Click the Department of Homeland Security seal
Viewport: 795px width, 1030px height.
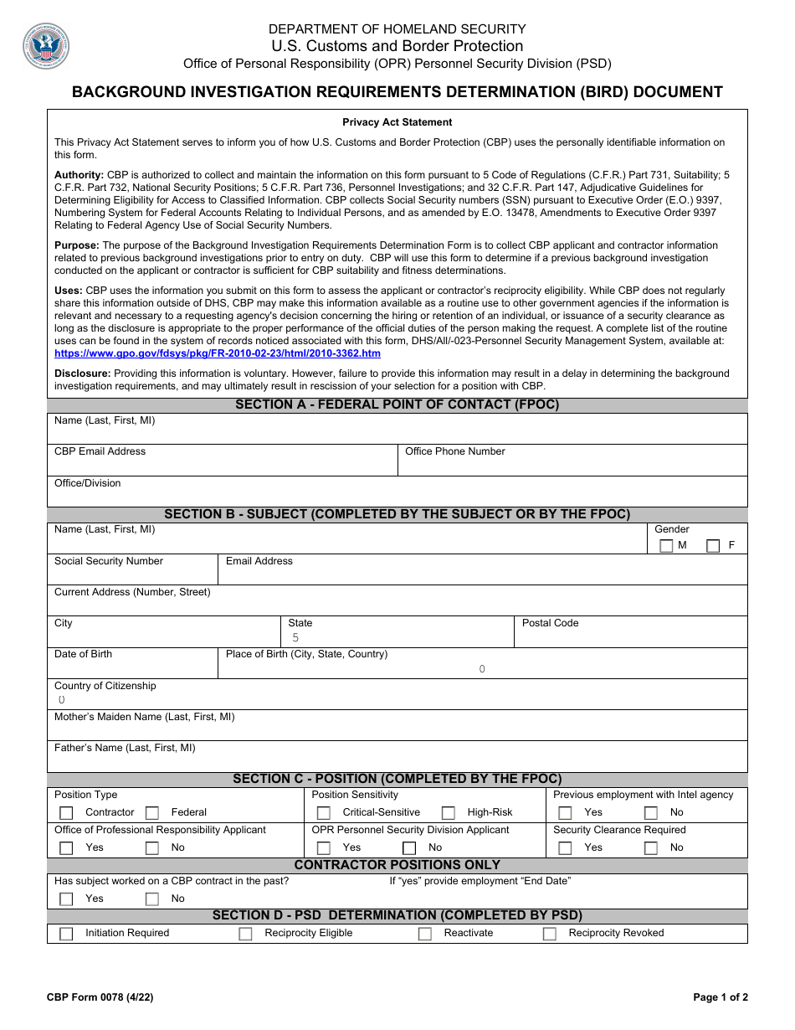click(46, 46)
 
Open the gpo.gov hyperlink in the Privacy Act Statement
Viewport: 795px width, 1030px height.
click(218, 353)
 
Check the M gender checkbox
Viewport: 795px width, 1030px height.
click(666, 546)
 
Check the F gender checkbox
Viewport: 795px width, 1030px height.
click(713, 546)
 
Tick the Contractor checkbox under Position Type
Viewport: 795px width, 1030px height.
click(66, 813)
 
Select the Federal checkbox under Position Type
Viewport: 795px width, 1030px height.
click(152, 813)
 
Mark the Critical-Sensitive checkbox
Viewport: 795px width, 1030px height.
click(323, 813)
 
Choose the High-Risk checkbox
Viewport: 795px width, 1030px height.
click(449, 813)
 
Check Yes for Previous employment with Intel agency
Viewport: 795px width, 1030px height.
click(566, 813)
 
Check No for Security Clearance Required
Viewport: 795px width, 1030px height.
click(651, 848)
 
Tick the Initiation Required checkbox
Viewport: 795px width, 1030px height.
click(66, 934)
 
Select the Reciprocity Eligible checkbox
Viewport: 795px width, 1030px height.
click(245, 934)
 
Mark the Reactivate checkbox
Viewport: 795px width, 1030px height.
click(425, 934)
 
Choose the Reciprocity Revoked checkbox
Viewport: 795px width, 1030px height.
click(550, 934)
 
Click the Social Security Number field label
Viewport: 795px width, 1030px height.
click(109, 561)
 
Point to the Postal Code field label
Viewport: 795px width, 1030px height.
click(550, 623)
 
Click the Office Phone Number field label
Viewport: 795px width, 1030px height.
click(455, 451)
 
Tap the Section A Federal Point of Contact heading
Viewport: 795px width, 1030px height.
click(397, 405)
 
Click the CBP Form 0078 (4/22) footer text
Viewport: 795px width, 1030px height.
click(100, 997)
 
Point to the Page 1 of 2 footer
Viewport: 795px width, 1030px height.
click(721, 997)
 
